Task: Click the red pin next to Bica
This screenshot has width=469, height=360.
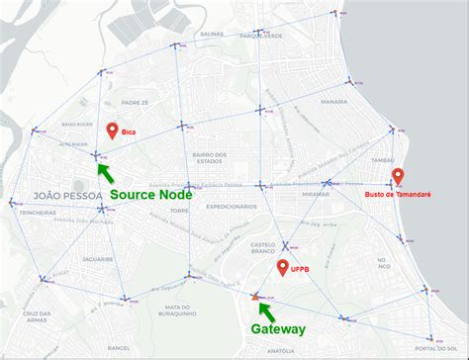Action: (x=112, y=130)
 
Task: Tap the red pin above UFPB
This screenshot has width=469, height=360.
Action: (x=283, y=267)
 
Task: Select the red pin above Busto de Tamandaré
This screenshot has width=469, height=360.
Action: (x=397, y=177)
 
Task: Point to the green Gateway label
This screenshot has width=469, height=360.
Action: (x=278, y=329)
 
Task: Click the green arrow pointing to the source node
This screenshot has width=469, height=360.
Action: (x=104, y=170)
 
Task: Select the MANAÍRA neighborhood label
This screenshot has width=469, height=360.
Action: (x=333, y=102)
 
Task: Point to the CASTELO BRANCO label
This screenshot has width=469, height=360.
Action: (x=262, y=248)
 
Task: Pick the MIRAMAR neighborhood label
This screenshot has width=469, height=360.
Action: (x=316, y=194)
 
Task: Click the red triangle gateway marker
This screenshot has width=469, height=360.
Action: (x=255, y=295)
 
